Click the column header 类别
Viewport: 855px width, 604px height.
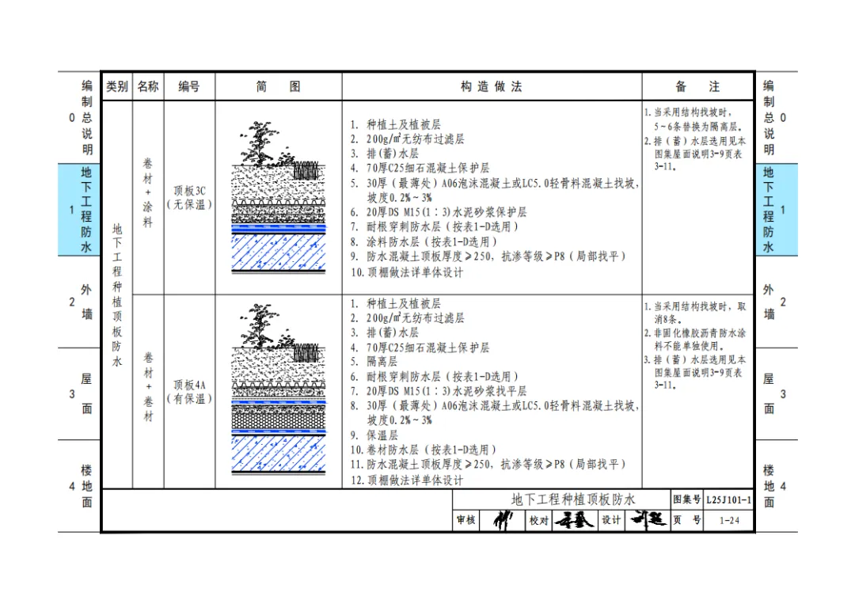click(x=117, y=87)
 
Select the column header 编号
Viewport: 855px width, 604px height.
click(x=188, y=87)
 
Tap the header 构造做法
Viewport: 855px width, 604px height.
click(x=491, y=87)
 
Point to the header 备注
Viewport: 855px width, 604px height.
click(x=697, y=87)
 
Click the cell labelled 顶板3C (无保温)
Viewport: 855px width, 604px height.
click(x=189, y=198)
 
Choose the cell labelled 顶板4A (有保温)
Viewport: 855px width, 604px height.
click(x=189, y=392)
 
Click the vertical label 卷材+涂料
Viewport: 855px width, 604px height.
click(x=148, y=193)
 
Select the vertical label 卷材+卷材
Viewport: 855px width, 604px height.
click(x=148, y=387)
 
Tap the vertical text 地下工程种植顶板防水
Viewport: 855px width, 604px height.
click(x=117, y=295)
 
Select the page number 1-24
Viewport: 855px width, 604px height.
click(x=729, y=521)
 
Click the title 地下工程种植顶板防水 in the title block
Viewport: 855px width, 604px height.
click(x=561, y=500)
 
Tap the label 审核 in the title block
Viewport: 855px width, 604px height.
click(x=465, y=521)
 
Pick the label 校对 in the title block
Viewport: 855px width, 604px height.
click(x=538, y=521)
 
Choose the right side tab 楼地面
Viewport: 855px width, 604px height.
click(x=769, y=486)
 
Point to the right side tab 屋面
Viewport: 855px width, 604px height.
click(x=769, y=393)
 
